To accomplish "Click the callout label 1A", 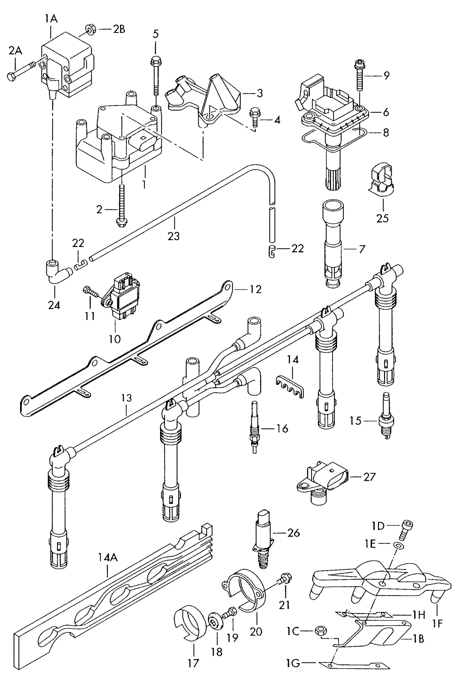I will pos(51,19).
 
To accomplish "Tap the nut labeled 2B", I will pos(89,30).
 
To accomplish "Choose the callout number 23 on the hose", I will pos(173,236).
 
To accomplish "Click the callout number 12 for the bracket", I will pos(255,289).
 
